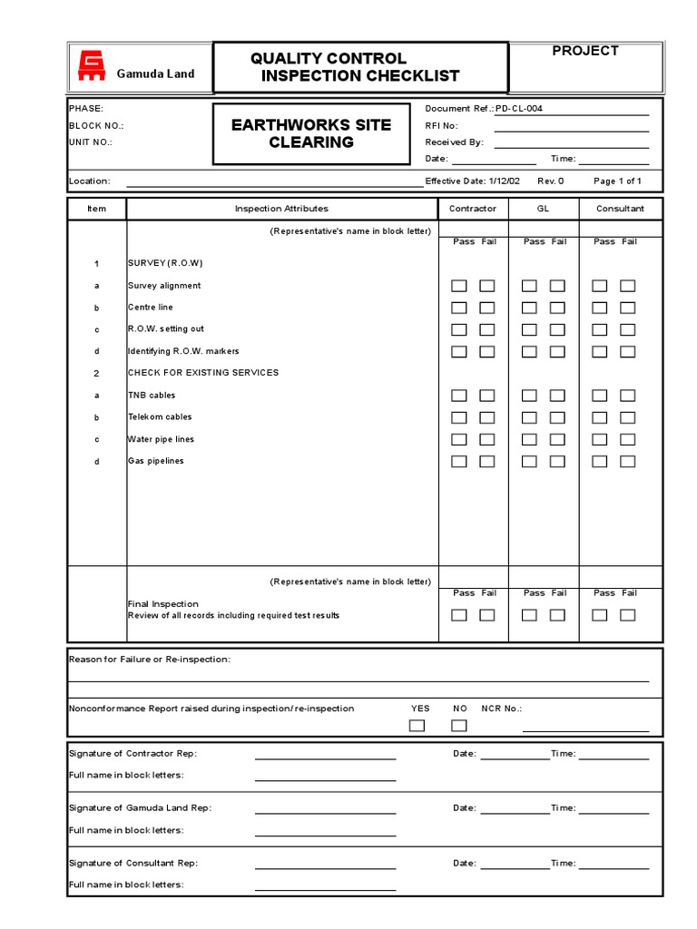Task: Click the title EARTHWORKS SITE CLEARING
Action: [x=310, y=133]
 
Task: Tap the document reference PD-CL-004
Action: [x=518, y=109]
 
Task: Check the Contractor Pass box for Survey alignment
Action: [x=459, y=286]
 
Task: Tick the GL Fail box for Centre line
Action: [x=557, y=308]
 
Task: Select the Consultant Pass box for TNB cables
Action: [x=600, y=396]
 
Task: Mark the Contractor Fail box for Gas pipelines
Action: [x=487, y=461]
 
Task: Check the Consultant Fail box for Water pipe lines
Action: [x=627, y=439]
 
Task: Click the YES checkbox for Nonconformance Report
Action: [x=417, y=725]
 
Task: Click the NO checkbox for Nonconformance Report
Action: [x=459, y=725]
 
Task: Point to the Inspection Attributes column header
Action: [x=281, y=209]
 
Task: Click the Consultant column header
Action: [x=620, y=209]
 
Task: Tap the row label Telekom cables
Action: [x=160, y=417]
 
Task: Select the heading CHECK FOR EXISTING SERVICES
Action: [x=203, y=373]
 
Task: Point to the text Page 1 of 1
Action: [x=617, y=181]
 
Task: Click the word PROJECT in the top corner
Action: [x=585, y=51]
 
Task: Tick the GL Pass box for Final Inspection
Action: [x=529, y=615]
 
